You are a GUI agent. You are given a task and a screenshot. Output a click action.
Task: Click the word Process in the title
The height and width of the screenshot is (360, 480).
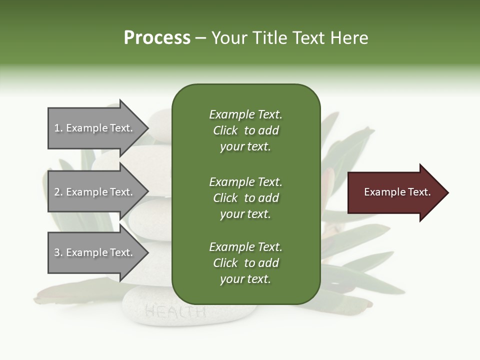[x=157, y=38]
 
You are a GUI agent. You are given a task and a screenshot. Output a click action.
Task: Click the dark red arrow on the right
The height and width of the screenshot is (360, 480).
[x=395, y=192]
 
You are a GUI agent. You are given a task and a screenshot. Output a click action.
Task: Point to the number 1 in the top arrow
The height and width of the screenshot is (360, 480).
[x=57, y=128]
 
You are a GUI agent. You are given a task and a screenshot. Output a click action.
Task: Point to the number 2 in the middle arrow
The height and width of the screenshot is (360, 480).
[x=57, y=192]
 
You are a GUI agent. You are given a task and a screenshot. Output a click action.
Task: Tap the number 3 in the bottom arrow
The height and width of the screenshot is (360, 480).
[x=57, y=252]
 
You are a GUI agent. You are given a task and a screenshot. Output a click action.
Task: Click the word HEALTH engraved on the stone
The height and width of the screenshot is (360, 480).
[x=175, y=312]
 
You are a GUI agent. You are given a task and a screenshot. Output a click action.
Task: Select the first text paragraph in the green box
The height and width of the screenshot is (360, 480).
[x=245, y=130]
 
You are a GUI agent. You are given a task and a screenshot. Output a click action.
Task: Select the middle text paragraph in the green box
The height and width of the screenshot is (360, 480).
[x=245, y=198]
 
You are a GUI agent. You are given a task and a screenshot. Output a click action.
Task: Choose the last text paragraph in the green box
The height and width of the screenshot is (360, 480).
[x=245, y=263]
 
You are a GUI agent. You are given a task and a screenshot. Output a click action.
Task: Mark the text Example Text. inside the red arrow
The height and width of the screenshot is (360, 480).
[x=397, y=192]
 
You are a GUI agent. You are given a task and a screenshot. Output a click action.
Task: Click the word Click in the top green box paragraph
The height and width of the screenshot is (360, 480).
[x=225, y=130]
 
